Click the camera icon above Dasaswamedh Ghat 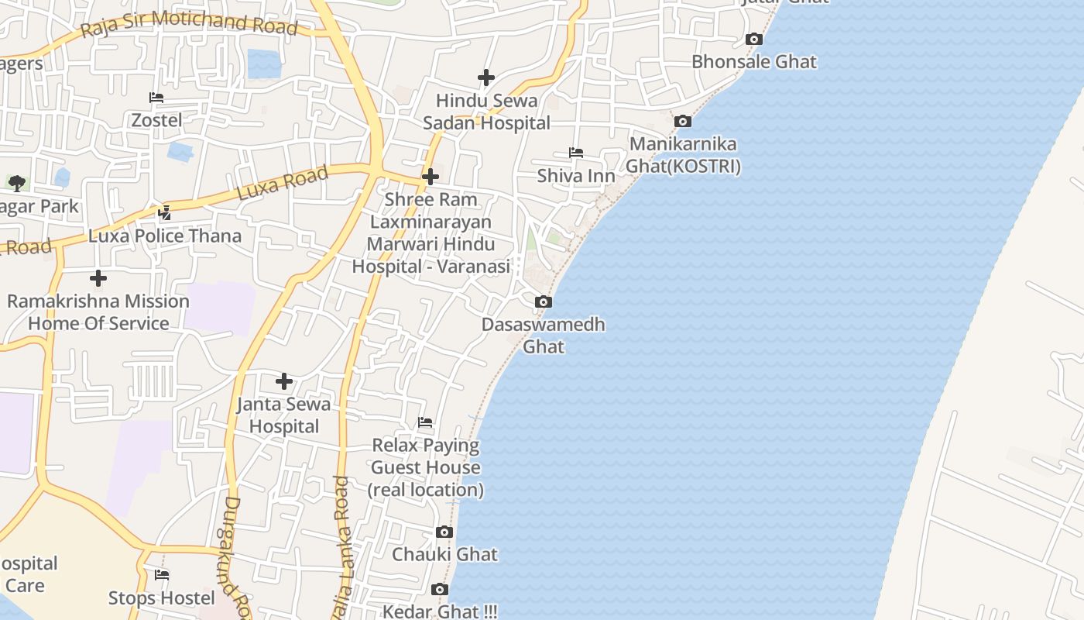tap(544, 301)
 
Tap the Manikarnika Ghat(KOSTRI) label tap(683, 155)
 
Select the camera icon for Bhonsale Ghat tap(753, 39)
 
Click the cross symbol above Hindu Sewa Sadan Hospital tap(486, 77)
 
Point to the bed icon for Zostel tap(156, 98)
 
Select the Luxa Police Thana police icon tap(164, 212)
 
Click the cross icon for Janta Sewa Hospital tap(284, 381)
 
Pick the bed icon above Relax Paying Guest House tap(425, 422)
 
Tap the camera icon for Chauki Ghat tap(444, 532)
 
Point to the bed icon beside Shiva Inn tap(576, 153)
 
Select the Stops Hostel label tap(162, 598)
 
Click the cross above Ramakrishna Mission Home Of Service tap(98, 277)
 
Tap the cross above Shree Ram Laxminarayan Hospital tap(431, 177)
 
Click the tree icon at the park tap(17, 184)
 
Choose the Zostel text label tap(157, 120)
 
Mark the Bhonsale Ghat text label tap(754, 61)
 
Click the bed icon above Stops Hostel tap(162, 575)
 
